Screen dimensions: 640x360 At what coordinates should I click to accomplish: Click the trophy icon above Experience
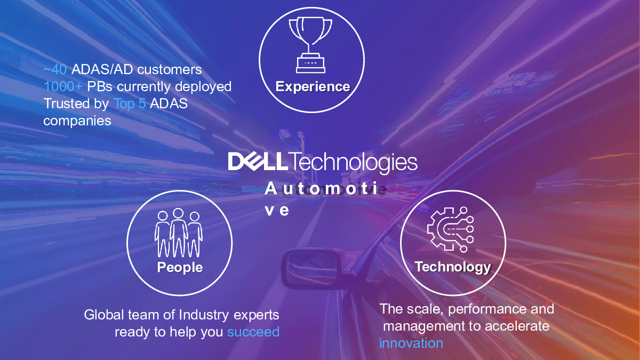(310, 45)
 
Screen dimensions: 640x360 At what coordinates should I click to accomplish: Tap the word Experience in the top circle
(313, 86)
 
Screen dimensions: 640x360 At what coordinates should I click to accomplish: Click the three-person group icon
(179, 233)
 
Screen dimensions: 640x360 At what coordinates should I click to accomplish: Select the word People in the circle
(180, 267)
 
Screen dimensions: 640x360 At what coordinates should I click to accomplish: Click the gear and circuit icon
(451, 229)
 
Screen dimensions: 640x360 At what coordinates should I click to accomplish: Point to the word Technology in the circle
(453, 267)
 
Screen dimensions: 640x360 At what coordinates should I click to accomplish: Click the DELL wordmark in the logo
(258, 162)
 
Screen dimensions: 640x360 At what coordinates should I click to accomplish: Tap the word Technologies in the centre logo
(353, 163)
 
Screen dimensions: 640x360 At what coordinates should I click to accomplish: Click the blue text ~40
(55, 69)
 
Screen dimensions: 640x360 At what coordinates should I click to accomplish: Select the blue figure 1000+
(63, 86)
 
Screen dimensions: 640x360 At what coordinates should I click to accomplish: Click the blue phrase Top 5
(130, 103)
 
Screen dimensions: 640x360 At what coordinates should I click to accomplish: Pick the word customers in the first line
(170, 69)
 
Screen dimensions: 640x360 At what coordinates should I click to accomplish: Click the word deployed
(203, 86)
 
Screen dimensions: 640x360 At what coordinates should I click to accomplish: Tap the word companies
(77, 121)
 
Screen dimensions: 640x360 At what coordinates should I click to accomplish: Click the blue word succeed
(253, 332)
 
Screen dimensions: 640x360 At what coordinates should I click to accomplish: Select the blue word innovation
(411, 343)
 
